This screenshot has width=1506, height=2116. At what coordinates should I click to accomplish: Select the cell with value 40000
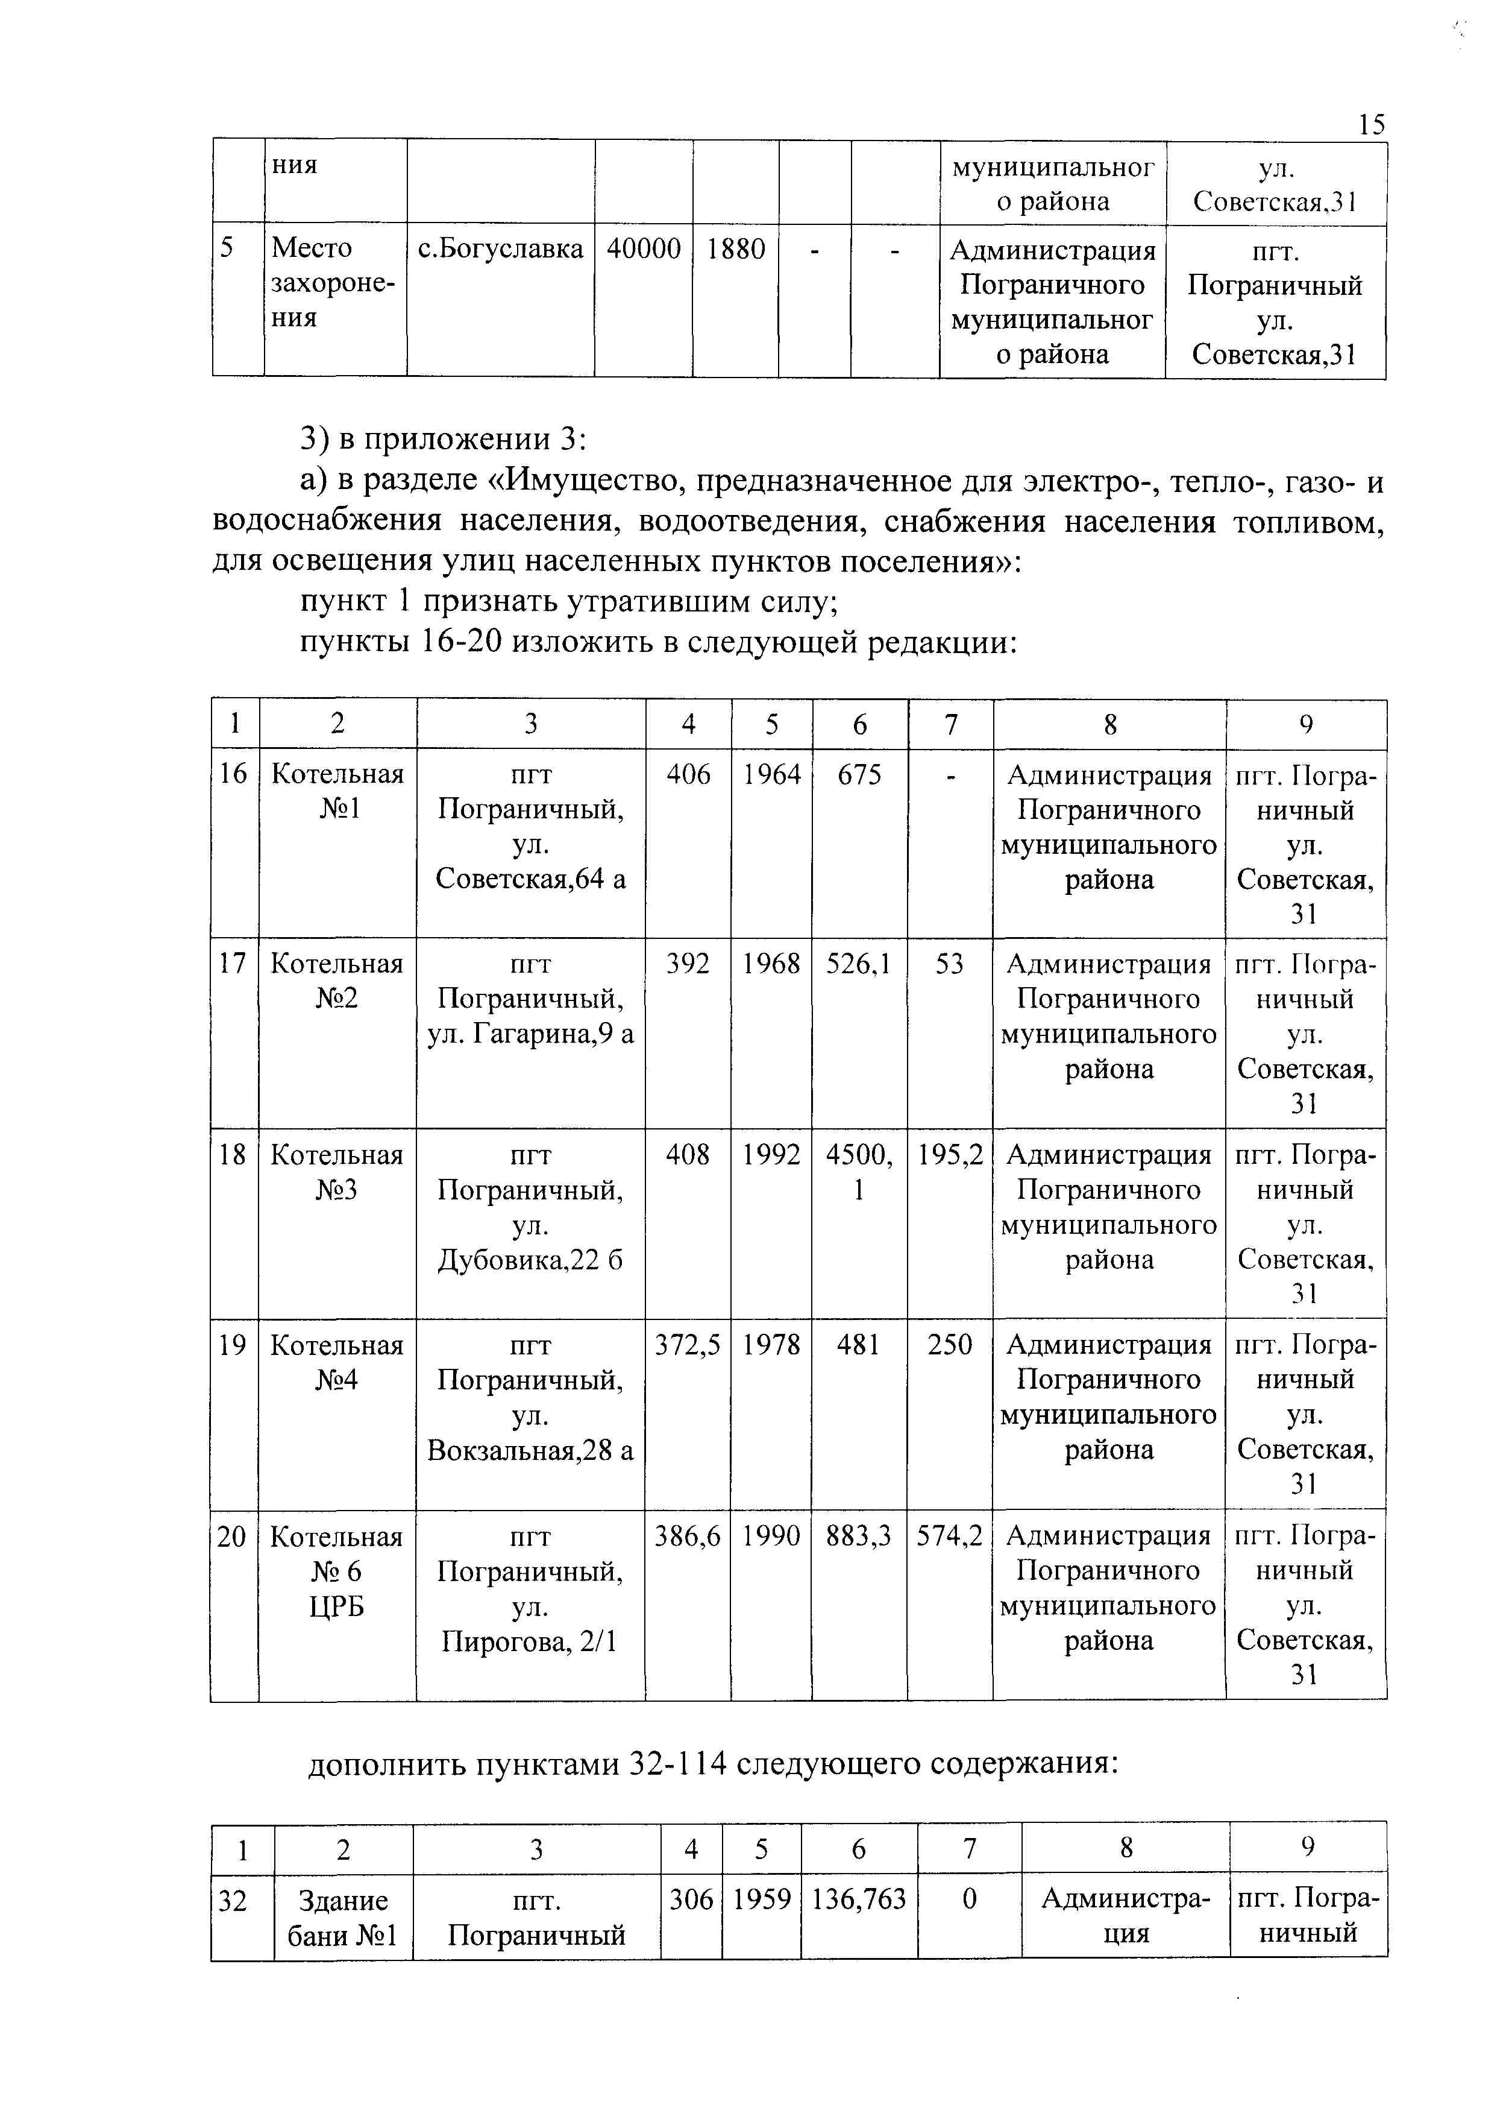644,248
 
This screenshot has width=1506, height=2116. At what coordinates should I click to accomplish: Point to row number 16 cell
234,774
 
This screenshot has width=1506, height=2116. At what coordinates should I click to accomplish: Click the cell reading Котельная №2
337,981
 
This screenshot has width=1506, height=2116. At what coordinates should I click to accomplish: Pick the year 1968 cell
771,964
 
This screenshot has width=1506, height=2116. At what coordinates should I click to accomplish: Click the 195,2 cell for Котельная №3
950,1155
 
